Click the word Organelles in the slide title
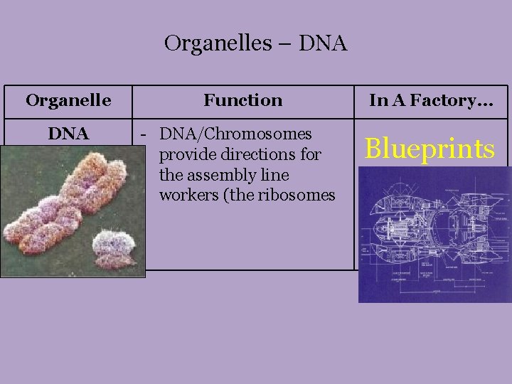[x=218, y=44]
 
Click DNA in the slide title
[x=323, y=44]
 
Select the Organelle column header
[x=68, y=100]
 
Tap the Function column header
[x=242, y=100]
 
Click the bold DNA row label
[x=68, y=134]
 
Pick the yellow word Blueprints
[x=430, y=149]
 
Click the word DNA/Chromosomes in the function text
[x=235, y=134]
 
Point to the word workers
[x=187, y=194]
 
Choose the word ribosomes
[x=297, y=194]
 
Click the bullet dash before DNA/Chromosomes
[x=144, y=134]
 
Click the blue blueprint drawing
[x=434, y=235]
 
